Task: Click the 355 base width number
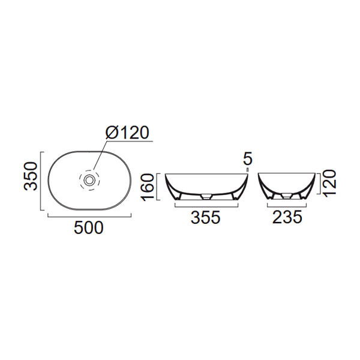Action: [x=206, y=218]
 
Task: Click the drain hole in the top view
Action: [x=89, y=179]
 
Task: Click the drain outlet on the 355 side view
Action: [x=206, y=196]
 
